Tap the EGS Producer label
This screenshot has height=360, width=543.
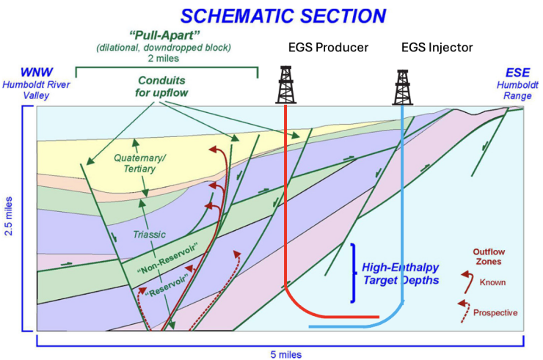point(328,48)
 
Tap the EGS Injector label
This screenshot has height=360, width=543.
point(437,48)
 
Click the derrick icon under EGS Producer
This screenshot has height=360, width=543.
point(286,85)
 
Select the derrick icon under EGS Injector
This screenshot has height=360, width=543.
point(402,87)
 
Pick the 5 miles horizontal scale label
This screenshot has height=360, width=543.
point(281,353)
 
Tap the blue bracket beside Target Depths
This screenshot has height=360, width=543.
point(354,272)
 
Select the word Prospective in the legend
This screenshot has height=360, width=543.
point(495,312)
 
